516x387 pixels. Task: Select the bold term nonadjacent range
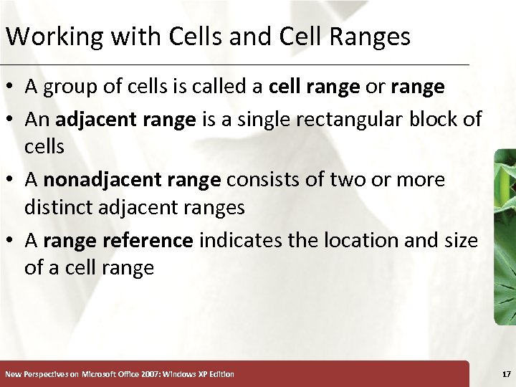click(132, 179)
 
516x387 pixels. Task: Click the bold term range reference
click(118, 240)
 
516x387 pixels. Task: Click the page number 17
click(506, 374)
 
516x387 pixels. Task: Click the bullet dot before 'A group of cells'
click(11, 87)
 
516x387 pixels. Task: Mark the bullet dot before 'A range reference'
click(11, 241)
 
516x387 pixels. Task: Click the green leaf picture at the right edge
click(505, 236)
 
